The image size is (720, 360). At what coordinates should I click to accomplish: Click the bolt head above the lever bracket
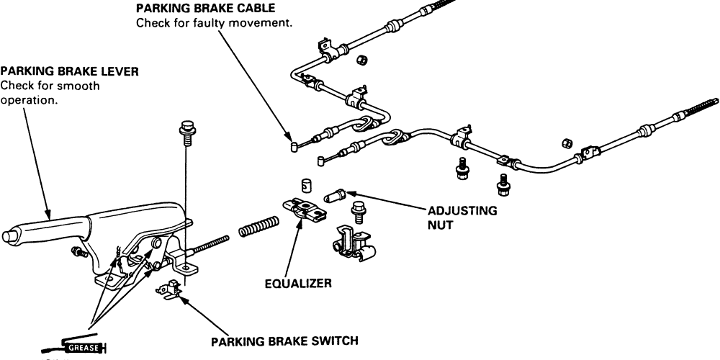(186, 130)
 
